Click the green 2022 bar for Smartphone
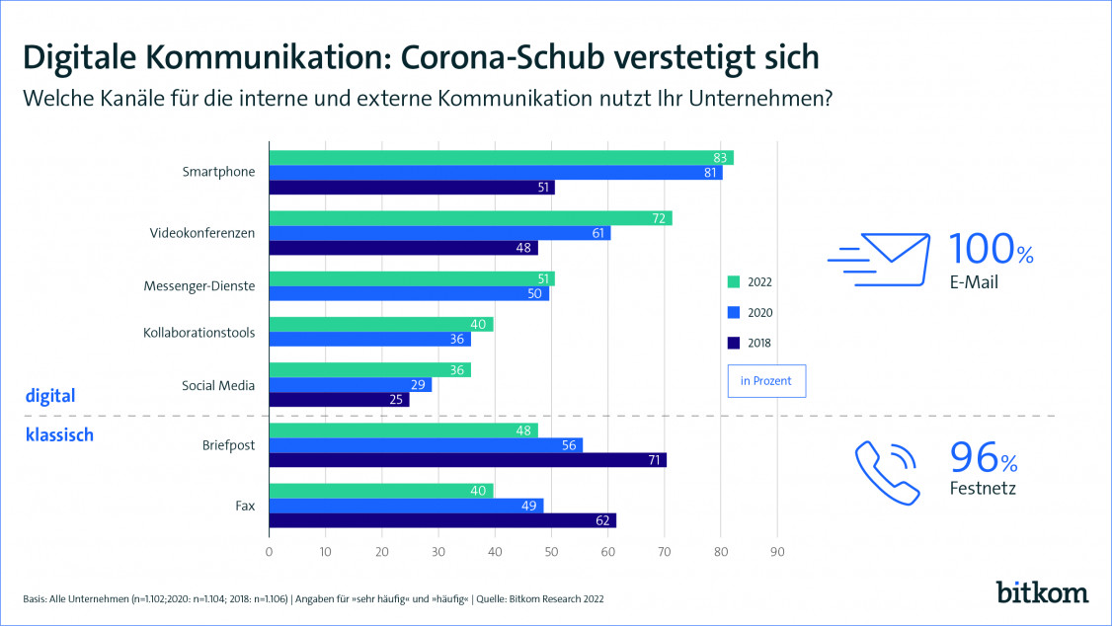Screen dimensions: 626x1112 coord(502,158)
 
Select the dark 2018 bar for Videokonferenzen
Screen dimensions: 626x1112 coord(390,248)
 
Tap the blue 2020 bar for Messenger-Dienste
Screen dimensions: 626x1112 coord(409,293)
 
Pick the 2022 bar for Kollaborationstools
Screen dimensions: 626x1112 coord(381,324)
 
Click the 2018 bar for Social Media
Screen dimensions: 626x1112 coord(339,400)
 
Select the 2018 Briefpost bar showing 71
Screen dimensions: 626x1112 coord(468,460)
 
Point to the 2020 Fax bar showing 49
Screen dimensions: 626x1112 coord(406,506)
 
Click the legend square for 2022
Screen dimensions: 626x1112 coord(732,281)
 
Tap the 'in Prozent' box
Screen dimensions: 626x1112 coord(766,381)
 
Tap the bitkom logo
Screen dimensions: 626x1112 coord(1042,591)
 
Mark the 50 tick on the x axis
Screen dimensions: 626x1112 coord(551,552)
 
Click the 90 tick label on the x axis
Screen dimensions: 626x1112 coord(777,552)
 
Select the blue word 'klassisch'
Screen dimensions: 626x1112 coord(58,434)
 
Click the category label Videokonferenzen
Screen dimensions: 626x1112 coord(202,233)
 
